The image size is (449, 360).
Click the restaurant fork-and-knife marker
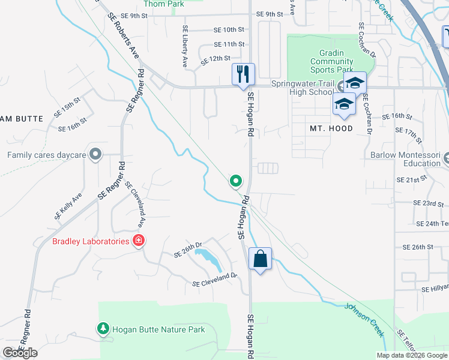coord(243,74)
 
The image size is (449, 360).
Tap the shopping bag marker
coord(260,259)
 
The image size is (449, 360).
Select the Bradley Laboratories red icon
coord(139,241)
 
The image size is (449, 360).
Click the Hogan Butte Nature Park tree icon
coord(103,329)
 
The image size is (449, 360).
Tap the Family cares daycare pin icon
coord(95,155)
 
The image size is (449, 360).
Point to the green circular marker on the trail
coord(236,181)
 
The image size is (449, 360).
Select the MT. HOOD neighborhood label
coord(331,128)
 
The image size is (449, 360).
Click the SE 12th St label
coord(216,59)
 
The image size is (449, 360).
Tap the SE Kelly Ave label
coord(68,206)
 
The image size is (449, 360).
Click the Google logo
coord(20,353)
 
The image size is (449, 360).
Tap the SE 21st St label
coord(411,179)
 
